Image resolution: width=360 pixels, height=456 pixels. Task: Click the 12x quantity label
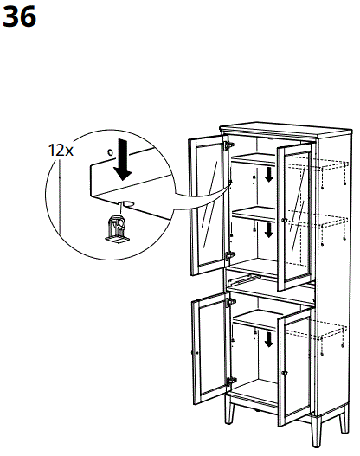61,149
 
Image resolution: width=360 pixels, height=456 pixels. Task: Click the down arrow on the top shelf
269,176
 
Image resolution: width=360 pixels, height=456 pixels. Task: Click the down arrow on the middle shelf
269,229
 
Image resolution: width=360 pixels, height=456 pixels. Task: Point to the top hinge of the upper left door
228,147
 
